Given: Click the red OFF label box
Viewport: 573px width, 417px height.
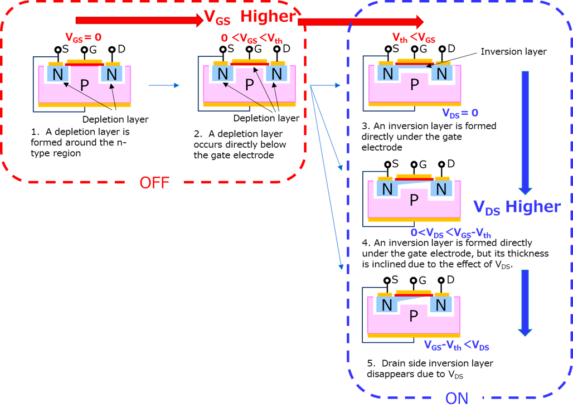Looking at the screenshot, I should (154, 182).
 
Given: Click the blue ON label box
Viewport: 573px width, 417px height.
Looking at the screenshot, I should (457, 398).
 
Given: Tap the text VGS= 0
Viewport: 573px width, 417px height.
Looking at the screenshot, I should (84, 38).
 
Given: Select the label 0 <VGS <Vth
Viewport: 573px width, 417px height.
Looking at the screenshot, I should (252, 39).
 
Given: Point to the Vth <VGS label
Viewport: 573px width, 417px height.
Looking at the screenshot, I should (414, 38).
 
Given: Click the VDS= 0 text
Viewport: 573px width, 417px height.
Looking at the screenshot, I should (460, 113).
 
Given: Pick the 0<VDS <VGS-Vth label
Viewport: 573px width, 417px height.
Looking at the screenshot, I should (450, 234).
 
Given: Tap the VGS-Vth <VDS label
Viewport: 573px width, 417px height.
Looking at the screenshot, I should (456, 347).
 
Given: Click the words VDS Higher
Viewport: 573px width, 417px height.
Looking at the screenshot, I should (517, 207).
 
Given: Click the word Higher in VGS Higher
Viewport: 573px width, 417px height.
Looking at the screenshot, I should (267, 17).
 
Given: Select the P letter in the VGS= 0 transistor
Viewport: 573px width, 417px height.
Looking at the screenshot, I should (84, 85).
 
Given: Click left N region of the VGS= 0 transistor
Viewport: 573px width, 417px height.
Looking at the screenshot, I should (57, 74).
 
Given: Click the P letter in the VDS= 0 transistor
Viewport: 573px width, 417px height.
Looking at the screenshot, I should (414, 85).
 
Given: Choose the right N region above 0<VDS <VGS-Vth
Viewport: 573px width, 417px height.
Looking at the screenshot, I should (441, 190).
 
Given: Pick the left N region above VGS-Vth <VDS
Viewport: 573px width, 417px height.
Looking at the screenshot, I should (386, 305).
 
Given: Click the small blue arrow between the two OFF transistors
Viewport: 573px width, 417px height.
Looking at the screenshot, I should (164, 85).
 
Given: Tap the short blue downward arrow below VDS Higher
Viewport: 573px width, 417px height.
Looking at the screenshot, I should (525, 302).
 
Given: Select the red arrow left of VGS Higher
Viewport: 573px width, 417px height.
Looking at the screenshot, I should (139, 21).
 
